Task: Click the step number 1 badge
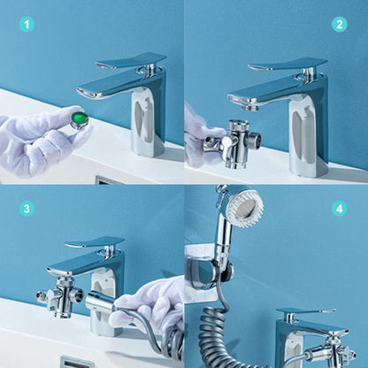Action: [27, 24]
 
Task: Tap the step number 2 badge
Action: [339, 24]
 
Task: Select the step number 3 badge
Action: [27, 209]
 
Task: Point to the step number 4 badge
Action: [339, 209]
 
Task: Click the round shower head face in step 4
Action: [245, 207]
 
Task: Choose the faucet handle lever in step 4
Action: [305, 313]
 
